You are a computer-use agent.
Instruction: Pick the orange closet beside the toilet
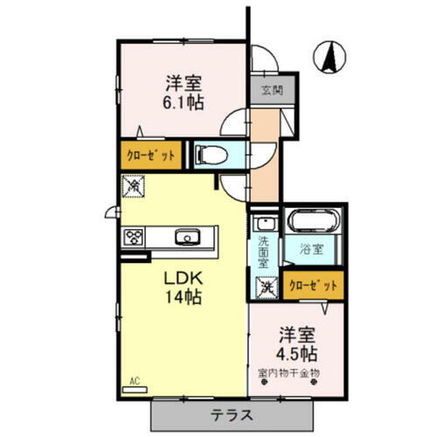pos(152,155)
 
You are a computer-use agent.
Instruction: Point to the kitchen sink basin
pos(185,236)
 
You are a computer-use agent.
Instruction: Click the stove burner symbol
pos(133,236)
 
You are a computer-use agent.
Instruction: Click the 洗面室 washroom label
pos(262,248)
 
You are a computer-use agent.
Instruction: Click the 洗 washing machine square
pos(263,284)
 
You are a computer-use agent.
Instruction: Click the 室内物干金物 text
pos(290,372)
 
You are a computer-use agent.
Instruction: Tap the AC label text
pos(135,380)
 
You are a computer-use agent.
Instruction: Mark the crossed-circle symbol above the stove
pos(133,184)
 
